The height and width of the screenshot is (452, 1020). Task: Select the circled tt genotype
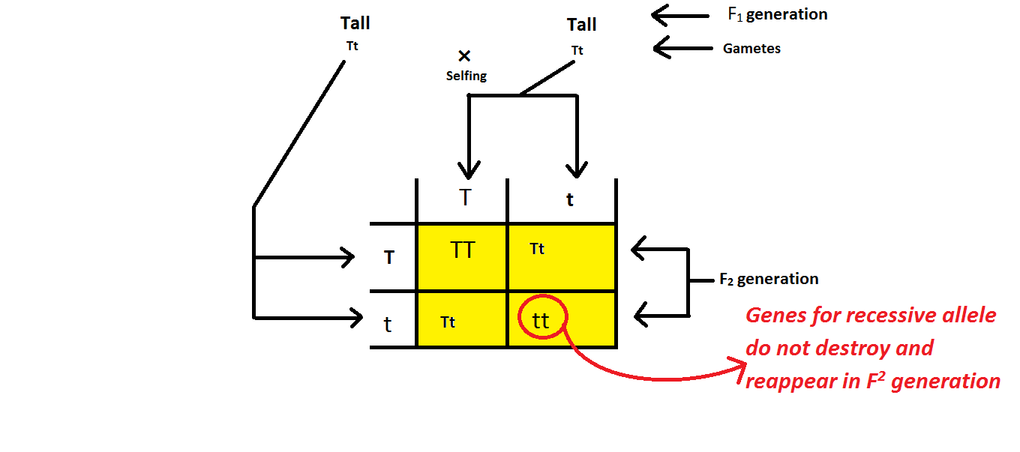pyautogui.click(x=541, y=321)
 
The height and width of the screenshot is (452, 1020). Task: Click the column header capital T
pyautogui.click(x=466, y=198)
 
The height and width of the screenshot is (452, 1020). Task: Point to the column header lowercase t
pyautogui.click(x=570, y=200)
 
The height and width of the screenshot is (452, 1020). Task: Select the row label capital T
pyautogui.click(x=389, y=258)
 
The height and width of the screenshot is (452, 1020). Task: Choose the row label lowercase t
pyautogui.click(x=388, y=325)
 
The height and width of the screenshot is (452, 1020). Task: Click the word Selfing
pyautogui.click(x=466, y=76)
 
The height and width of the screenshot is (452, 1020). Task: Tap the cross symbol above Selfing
pyautogui.click(x=464, y=55)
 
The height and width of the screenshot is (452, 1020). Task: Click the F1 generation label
pyautogui.click(x=778, y=14)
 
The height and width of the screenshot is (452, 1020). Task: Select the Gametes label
pyautogui.click(x=751, y=49)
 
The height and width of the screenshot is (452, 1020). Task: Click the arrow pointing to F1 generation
pyautogui.click(x=679, y=15)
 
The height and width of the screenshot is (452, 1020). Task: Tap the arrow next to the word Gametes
pyautogui.click(x=682, y=49)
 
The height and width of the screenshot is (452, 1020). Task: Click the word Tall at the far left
pyautogui.click(x=355, y=23)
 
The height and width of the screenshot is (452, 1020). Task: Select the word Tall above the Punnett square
pyautogui.click(x=581, y=25)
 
